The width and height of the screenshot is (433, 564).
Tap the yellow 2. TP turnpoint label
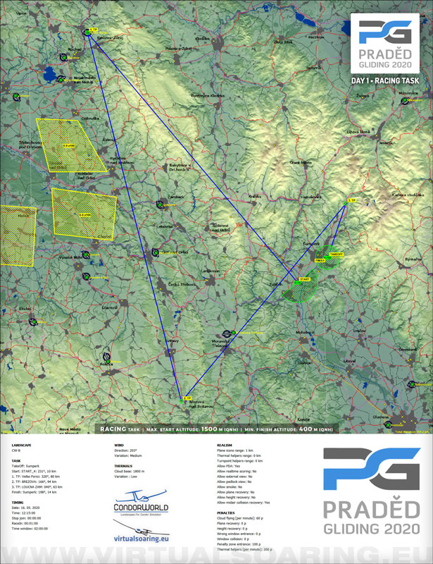(187, 398)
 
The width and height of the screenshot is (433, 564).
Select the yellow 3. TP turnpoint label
(352, 201)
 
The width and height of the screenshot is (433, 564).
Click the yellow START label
(305, 279)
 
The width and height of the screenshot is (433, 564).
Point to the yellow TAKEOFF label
(336, 255)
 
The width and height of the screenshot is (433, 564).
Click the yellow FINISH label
(320, 260)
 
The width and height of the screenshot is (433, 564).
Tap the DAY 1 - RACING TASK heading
(384, 82)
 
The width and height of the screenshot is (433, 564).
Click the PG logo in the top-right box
(384, 32)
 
